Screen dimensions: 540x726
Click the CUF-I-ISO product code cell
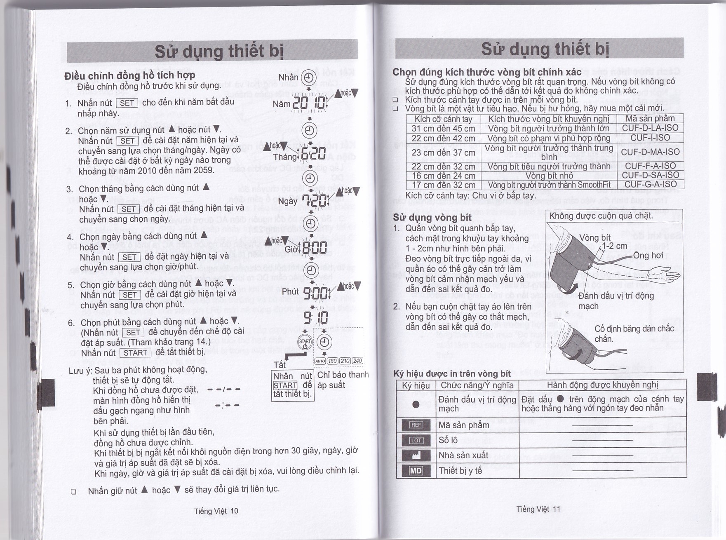point(650,138)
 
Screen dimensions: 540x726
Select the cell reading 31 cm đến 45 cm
point(443,129)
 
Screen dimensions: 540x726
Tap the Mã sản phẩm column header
point(650,119)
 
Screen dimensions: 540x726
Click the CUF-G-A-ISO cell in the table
point(650,184)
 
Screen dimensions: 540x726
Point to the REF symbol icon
point(416,425)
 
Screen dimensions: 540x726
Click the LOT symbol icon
point(416,440)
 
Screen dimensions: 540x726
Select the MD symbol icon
point(416,471)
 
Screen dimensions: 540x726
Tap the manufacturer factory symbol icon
point(416,455)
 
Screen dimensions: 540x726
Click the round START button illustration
point(305,343)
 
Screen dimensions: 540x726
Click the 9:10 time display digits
point(316,317)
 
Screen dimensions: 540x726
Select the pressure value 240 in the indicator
point(357,361)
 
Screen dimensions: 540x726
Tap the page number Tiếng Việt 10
point(216,511)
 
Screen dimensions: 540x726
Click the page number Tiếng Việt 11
point(538,509)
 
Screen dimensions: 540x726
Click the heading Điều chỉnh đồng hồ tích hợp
point(129,75)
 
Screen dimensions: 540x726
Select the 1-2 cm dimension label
point(614,246)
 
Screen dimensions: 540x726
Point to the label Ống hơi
point(648,256)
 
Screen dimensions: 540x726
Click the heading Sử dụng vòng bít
point(432,218)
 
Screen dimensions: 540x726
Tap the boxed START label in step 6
point(135,353)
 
